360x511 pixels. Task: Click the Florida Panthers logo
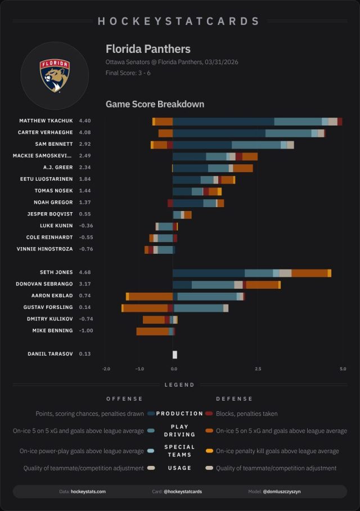(x=55, y=75)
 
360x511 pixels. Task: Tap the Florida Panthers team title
(x=148, y=49)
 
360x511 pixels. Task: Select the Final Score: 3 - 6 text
(x=128, y=73)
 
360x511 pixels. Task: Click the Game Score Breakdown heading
(x=155, y=104)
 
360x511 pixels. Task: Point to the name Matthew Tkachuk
(x=46, y=121)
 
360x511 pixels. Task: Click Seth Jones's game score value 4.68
(x=85, y=272)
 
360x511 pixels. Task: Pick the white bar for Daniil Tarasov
(x=175, y=355)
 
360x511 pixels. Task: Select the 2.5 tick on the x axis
(x=258, y=369)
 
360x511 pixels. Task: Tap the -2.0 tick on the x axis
(x=106, y=369)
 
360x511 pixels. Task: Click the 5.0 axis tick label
(x=343, y=369)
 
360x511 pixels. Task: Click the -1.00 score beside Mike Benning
(x=86, y=331)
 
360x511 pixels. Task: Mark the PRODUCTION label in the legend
(x=179, y=414)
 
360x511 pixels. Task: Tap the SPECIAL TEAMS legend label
(x=179, y=451)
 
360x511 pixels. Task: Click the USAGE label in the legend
(x=179, y=468)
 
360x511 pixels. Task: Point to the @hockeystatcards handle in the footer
(x=183, y=491)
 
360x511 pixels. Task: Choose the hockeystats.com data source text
(x=88, y=491)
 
